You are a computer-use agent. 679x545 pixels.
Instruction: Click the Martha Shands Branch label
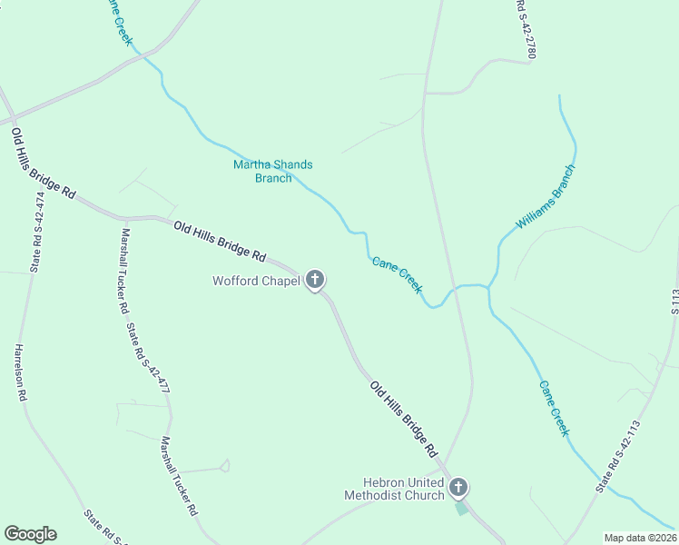coord(272,171)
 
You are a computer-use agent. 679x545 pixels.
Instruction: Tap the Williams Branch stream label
coord(546,196)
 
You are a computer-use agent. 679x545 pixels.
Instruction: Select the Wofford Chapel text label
coord(256,281)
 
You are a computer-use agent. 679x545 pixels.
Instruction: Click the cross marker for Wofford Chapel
coord(315,280)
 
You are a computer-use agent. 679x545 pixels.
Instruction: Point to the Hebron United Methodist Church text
coord(394,489)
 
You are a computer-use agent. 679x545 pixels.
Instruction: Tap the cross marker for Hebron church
coord(458,488)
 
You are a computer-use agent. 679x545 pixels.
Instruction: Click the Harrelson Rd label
coord(21,372)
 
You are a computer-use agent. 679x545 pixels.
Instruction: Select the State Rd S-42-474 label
coord(37,232)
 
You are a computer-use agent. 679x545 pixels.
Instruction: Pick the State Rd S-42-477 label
coord(147,358)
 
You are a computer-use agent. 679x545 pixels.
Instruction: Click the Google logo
coord(30,534)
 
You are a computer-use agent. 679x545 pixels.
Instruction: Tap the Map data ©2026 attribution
coord(639,538)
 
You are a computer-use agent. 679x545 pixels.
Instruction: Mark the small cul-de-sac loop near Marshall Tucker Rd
coord(224,466)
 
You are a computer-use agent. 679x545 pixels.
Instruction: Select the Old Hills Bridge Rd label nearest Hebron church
coord(404,418)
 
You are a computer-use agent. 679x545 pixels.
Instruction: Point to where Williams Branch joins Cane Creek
coord(488,288)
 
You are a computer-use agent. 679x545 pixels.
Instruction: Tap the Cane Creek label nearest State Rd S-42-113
coord(554,408)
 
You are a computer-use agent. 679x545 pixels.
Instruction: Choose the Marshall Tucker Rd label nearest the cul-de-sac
coord(180,476)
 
